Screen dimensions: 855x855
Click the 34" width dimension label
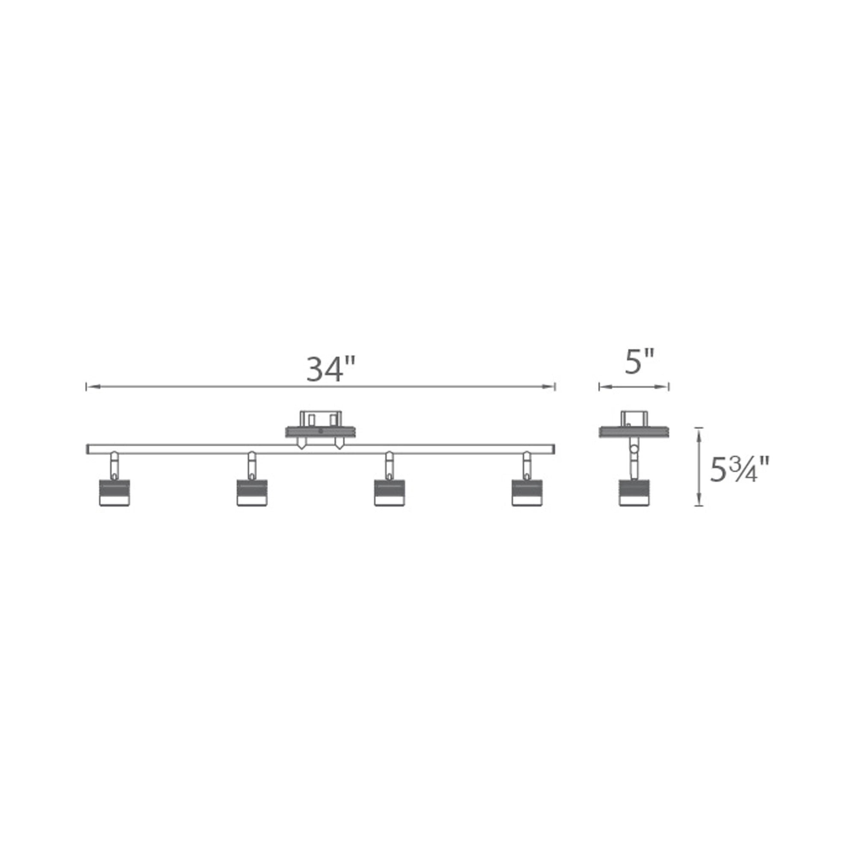tap(331, 369)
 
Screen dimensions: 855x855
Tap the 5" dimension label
tap(639, 362)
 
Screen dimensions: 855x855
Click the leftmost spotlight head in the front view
tap(114, 492)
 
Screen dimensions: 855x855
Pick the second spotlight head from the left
tap(251, 492)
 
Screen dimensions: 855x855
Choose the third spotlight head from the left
tap(389, 492)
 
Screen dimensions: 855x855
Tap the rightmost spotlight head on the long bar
tap(527, 492)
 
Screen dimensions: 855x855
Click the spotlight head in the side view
tap(634, 492)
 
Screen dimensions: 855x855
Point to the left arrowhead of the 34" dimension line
tap(91, 387)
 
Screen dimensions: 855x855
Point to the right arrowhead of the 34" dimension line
tap(549, 387)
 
